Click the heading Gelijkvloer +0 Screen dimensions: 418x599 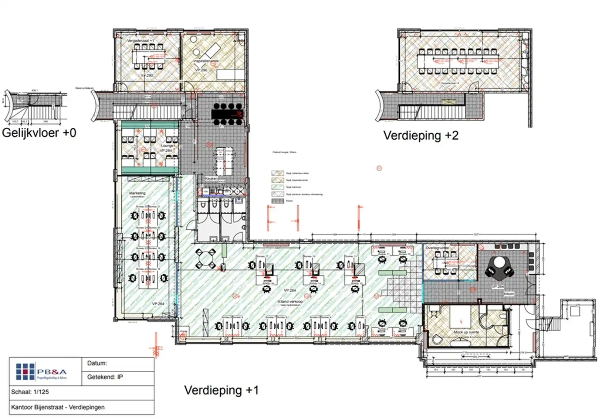coord(39,133)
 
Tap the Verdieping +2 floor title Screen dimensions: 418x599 coord(421,136)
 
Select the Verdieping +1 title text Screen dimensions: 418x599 coord(221,390)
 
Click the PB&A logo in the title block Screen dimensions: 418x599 coord(41,371)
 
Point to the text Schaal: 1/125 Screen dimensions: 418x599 coord(30,392)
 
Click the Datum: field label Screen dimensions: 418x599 coord(97,363)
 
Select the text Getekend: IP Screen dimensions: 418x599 coord(105,377)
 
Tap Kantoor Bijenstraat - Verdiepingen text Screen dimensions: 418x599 coord(58,407)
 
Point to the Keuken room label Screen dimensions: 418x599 coord(211,178)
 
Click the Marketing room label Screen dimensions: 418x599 coord(137,193)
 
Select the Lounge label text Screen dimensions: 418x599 coord(167,145)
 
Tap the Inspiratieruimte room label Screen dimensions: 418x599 coord(206,61)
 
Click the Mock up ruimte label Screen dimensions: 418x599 coord(466,332)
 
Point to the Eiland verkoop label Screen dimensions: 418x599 coord(290,302)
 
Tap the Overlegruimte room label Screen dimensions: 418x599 coord(437,248)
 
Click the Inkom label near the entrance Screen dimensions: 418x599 coord(509,294)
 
